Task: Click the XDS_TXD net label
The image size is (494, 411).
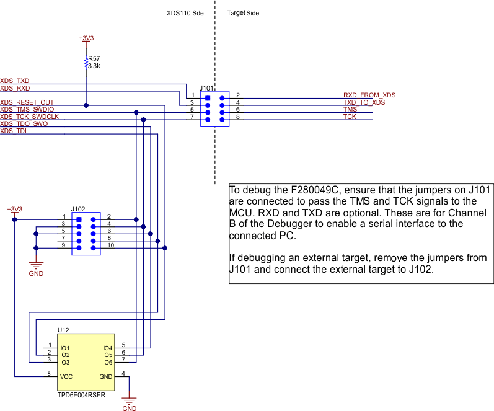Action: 15,81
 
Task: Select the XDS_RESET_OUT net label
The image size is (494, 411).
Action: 27,102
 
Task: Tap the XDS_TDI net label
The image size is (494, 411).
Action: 14,130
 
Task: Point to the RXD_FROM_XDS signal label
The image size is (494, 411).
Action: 369,95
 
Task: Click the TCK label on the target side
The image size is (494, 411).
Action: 350,116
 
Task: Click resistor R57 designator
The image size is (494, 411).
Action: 94,58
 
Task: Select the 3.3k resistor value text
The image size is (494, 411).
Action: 94,66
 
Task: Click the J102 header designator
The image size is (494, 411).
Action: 78,210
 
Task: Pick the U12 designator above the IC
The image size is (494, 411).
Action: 63,330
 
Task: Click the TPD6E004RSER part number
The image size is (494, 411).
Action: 81,394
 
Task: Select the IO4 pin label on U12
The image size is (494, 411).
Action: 107,348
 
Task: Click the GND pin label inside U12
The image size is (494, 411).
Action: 106,376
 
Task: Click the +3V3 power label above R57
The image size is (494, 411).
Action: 87,38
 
